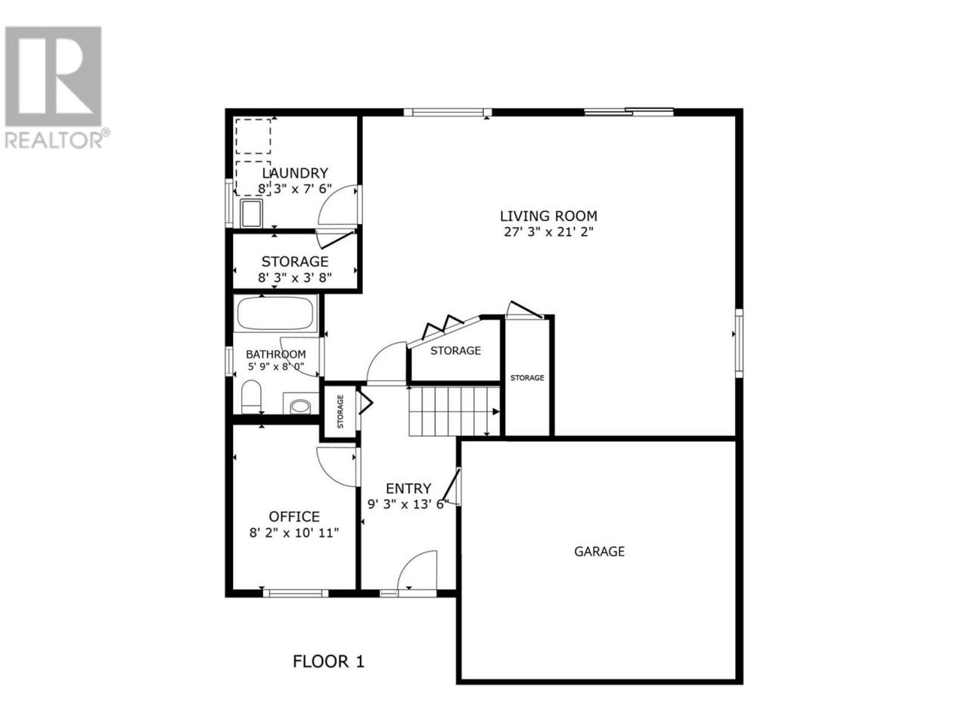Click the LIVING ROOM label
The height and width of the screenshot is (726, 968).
click(x=548, y=216)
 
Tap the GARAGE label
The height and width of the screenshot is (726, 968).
click(x=599, y=551)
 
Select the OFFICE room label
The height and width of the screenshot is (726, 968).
click(x=294, y=517)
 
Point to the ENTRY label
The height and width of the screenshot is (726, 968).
click(x=408, y=489)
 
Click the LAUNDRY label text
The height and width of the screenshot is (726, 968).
click(x=295, y=172)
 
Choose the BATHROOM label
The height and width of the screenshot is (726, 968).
click(x=275, y=354)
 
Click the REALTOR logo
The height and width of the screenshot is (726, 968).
click(x=54, y=87)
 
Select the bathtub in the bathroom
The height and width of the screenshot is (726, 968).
click(x=275, y=313)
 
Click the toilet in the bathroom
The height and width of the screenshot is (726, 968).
click(x=251, y=396)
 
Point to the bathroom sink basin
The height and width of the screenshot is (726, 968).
click(x=301, y=406)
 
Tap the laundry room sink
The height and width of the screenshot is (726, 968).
click(x=251, y=213)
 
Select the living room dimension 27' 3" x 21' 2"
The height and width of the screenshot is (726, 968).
click(x=548, y=232)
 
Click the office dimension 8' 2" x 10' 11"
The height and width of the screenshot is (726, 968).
click(x=294, y=533)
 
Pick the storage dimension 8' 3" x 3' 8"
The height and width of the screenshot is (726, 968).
click(x=295, y=278)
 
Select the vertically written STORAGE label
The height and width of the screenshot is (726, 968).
click(x=340, y=411)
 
